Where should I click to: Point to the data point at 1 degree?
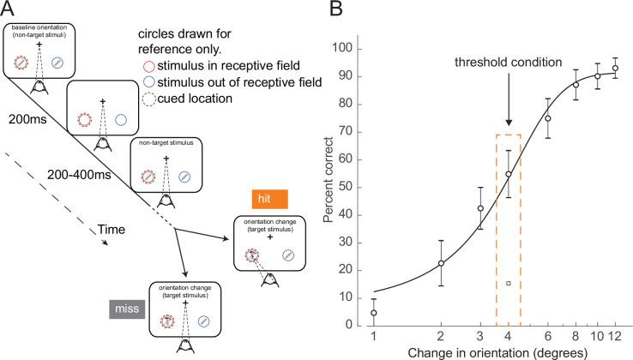coord(373,313)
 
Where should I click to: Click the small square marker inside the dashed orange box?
coord(508,283)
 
